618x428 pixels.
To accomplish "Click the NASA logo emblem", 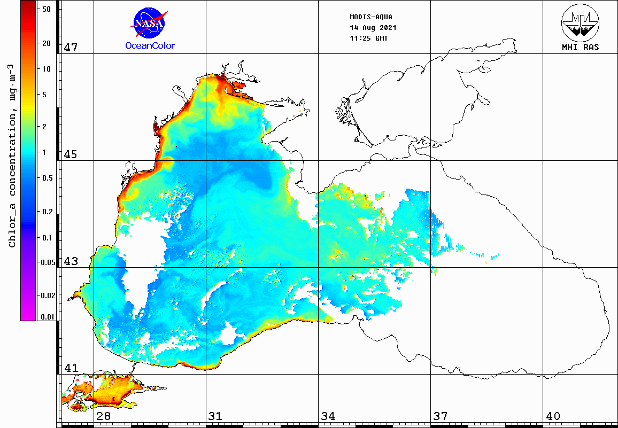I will (150, 22).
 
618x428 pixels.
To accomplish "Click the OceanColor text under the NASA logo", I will (150, 45).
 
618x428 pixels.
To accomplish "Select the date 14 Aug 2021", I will (373, 27).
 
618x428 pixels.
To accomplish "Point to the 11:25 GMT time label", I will (369, 38).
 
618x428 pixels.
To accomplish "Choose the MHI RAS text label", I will (580, 47).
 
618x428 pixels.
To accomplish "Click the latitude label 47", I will (71, 48).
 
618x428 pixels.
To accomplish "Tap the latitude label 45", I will (71, 154).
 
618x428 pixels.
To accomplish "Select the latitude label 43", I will (71, 262).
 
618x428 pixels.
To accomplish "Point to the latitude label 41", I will (71, 368).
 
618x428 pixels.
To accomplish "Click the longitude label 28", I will (103, 416).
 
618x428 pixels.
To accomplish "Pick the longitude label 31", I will (215, 416).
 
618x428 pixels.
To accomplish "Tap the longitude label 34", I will (328, 416).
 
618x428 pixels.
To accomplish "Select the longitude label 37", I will (440, 416).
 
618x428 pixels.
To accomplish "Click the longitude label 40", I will (552, 416).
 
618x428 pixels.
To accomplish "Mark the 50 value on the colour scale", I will (47, 9).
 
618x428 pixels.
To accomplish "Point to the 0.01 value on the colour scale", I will (47, 317).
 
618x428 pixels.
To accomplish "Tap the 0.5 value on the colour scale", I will (47, 178).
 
